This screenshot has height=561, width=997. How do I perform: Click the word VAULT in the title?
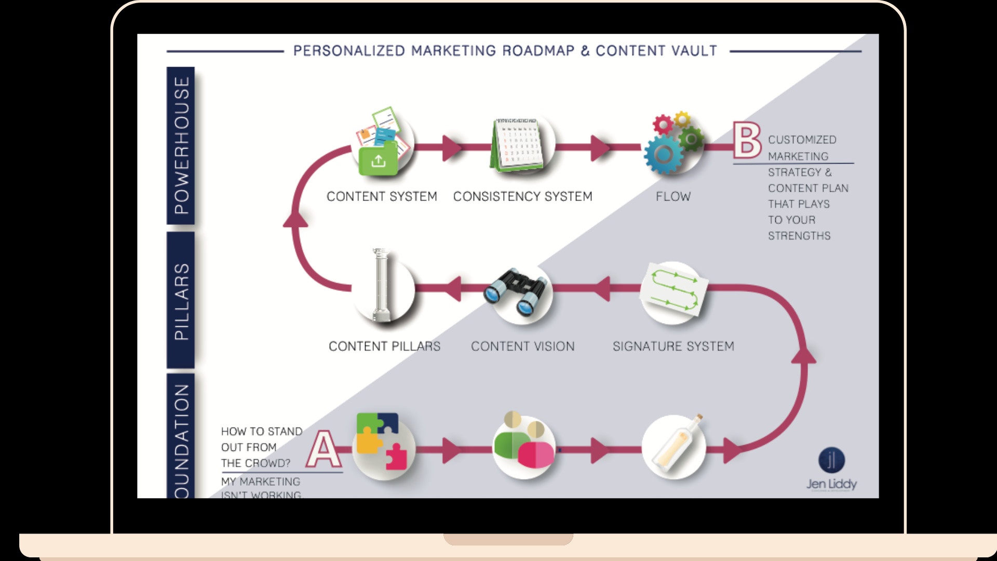click(694, 51)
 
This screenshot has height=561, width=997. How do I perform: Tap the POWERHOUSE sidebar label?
click(181, 145)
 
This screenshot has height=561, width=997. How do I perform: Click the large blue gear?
click(664, 154)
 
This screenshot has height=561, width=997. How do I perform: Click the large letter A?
click(324, 449)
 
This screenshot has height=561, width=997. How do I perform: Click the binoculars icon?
click(516, 292)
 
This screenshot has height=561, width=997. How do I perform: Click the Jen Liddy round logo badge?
click(831, 460)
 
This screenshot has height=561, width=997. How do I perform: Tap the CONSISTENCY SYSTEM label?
click(522, 196)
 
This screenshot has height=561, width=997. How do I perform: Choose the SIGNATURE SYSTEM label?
click(673, 346)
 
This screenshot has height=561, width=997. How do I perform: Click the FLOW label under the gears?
click(673, 196)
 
